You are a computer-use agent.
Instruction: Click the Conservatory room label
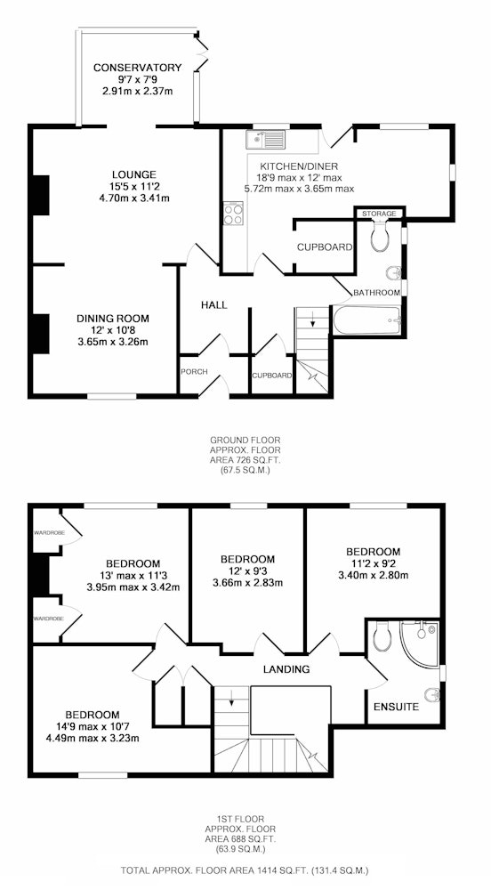click(137, 69)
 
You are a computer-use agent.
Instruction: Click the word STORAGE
click(380, 214)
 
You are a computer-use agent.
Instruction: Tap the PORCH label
click(194, 372)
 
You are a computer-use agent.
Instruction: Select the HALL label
click(214, 305)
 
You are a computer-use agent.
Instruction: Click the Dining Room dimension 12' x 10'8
click(113, 330)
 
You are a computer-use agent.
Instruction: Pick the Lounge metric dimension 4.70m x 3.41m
click(133, 198)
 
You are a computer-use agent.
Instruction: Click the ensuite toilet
click(381, 636)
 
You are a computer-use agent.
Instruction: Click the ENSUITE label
click(397, 708)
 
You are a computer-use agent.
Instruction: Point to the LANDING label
click(286, 669)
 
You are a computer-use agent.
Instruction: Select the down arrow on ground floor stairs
click(312, 320)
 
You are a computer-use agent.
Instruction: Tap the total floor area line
click(245, 870)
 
